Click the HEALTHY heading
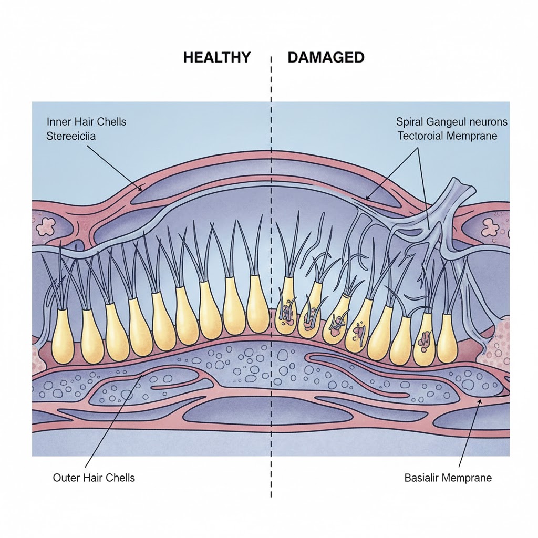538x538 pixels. coord(217,57)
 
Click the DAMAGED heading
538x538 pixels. coord(326,57)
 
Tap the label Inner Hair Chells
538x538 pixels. coord(86,122)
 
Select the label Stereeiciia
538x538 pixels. coord(71,137)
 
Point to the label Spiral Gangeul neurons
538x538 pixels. coord(452,122)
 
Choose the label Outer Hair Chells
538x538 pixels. coord(94,478)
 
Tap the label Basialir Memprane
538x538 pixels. coord(447,478)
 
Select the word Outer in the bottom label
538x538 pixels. coord(66,478)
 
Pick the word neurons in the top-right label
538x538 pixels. coord(489,122)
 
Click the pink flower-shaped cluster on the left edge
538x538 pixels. coord(46,226)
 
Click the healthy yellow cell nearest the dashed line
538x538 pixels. coord(257,305)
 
